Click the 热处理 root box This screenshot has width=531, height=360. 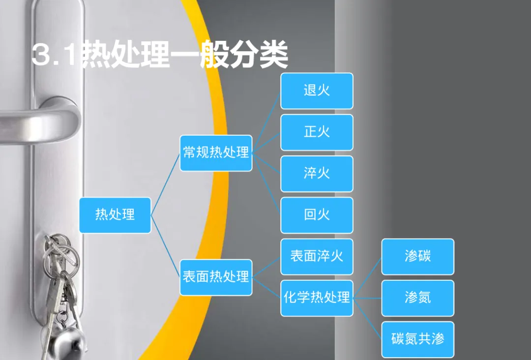[115, 215]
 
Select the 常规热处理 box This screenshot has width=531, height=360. [216, 153]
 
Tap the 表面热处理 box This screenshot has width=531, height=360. [216, 277]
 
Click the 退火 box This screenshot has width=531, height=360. [317, 91]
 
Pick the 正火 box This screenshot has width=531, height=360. [317, 132]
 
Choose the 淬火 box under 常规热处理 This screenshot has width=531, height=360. [317, 174]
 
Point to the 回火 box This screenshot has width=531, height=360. [317, 215]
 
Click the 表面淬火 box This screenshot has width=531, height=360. [317, 257]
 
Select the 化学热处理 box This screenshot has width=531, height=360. [317, 298]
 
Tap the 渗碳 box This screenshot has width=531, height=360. [417, 257]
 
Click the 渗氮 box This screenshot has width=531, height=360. [417, 298]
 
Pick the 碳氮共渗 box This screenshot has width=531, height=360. [417, 339]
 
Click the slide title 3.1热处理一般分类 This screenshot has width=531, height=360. [160, 55]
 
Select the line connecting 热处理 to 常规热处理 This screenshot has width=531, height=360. [165, 184]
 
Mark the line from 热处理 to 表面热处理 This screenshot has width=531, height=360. [165, 246]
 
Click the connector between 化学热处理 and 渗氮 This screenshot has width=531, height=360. [367, 298]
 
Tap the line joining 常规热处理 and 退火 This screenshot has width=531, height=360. [266, 122]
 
